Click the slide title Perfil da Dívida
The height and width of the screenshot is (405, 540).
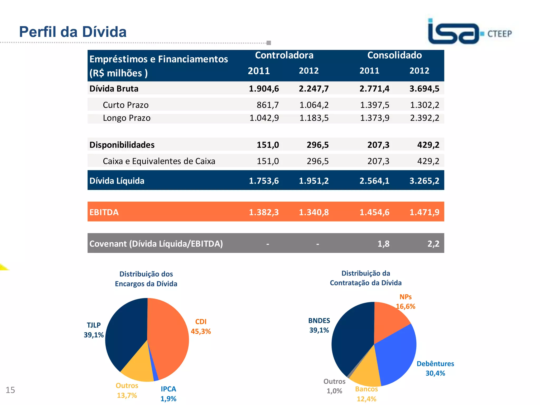[73, 32]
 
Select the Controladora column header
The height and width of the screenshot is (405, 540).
[284, 55]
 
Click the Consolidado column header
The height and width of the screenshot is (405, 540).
[394, 55]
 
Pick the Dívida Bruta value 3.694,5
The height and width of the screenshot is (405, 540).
[424, 89]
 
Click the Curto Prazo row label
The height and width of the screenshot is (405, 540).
[126, 105]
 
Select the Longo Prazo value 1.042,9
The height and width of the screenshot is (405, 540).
[264, 118]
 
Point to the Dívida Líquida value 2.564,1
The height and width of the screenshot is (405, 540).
[374, 181]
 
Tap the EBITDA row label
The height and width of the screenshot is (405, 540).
[104, 212]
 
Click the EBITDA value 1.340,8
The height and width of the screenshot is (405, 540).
[314, 212]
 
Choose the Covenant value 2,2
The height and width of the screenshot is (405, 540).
[433, 244]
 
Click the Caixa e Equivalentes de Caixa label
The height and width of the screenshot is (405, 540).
[159, 161]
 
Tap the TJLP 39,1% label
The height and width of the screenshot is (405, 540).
[94, 330]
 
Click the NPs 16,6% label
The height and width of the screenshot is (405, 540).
[406, 302]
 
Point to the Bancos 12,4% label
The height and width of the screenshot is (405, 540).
[366, 394]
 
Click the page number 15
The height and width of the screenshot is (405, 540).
[10, 390]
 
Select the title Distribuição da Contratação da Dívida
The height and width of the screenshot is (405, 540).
[366, 278]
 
